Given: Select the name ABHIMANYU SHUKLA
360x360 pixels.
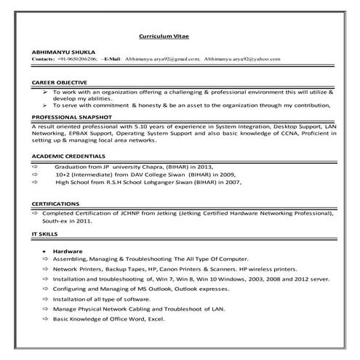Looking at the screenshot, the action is coord(57,52).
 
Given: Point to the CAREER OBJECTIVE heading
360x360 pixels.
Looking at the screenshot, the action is coord(60,82).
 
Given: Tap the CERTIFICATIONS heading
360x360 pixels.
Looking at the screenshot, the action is coord(56,204).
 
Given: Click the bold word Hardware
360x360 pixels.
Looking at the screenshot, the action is coord(68,251).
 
